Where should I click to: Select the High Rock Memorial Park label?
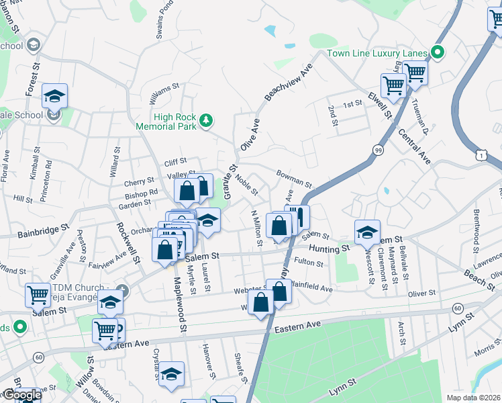point(166,122)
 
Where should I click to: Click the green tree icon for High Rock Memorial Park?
point(207,121)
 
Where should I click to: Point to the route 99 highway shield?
point(379,150)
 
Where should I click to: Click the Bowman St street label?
point(295,179)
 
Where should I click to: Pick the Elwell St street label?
point(380,106)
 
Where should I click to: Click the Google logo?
point(21,395)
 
